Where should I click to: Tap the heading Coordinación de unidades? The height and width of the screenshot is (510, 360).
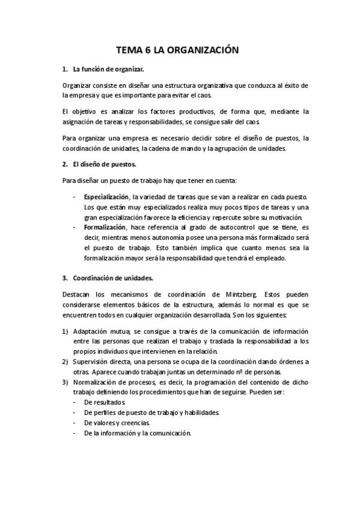pyautogui.click(x=113, y=278)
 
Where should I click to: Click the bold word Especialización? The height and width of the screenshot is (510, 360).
pyautogui.click(x=106, y=197)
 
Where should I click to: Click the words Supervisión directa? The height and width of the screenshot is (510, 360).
pyautogui.click(x=99, y=362)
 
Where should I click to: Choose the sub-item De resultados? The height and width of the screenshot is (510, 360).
pyautogui.click(x=105, y=402)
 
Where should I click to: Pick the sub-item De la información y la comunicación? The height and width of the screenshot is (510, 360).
pyautogui.click(x=137, y=433)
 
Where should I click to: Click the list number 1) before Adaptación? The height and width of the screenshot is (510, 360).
pyautogui.click(x=65, y=332)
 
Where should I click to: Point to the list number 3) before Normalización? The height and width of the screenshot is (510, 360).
pyautogui.click(x=65, y=382)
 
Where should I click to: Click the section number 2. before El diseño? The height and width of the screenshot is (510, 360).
pyautogui.click(x=65, y=164)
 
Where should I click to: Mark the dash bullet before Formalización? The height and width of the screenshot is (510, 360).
pyautogui.click(x=75, y=227)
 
